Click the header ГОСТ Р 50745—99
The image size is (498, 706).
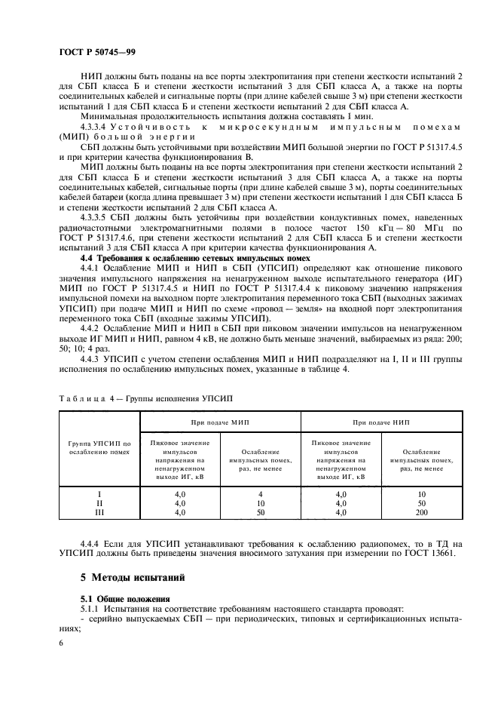click(x=96, y=54)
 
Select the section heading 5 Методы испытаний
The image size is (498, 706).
click(x=132, y=579)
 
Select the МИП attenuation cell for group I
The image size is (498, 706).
click(x=260, y=493)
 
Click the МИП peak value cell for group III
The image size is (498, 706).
click(x=180, y=512)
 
